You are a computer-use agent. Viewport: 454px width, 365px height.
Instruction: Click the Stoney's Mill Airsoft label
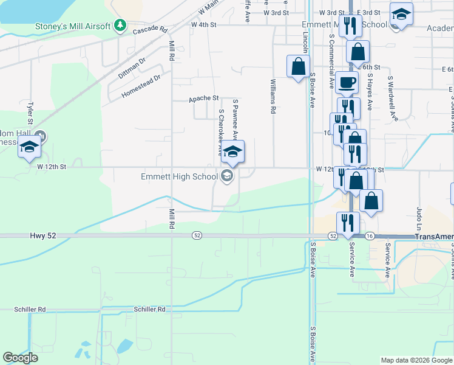pyautogui.click(x=73, y=26)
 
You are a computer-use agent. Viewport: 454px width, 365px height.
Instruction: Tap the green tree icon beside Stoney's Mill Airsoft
pyautogui.click(x=121, y=26)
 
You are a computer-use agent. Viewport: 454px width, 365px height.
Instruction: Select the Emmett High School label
pyautogui.click(x=178, y=176)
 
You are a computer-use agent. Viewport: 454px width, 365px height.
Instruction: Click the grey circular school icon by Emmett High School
pyautogui.click(x=228, y=176)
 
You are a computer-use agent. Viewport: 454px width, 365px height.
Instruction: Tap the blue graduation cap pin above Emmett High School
pyautogui.click(x=232, y=152)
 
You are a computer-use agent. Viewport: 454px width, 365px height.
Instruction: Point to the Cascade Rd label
pyautogui.click(x=149, y=29)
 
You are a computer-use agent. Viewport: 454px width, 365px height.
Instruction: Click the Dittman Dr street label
pyautogui.click(x=132, y=67)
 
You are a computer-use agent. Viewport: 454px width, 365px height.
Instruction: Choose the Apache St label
pyautogui.click(x=203, y=98)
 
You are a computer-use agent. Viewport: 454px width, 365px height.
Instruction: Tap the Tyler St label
pyautogui.click(x=29, y=113)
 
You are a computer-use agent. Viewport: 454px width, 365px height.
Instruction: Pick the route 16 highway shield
pyautogui.click(x=369, y=235)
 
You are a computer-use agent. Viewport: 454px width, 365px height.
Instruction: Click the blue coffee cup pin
pyautogui.click(x=347, y=82)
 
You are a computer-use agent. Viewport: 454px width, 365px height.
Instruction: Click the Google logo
pyautogui.click(x=20, y=358)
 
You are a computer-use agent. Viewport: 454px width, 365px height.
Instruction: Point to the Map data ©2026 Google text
pyautogui.click(x=416, y=360)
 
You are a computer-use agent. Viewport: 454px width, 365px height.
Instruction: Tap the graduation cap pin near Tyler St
pyautogui.click(x=29, y=148)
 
